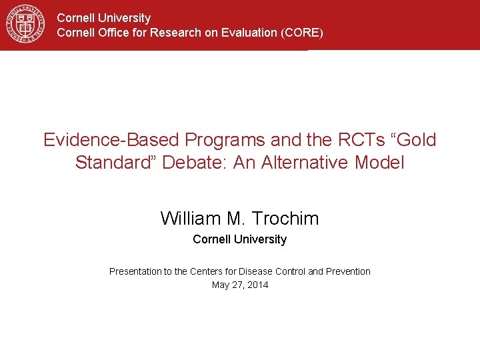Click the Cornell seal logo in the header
(x=25, y=24)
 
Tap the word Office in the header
(x=109, y=33)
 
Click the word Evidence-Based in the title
(x=111, y=140)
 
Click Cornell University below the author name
(x=239, y=239)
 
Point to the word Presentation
(x=135, y=271)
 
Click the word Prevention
(x=348, y=271)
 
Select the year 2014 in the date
(x=257, y=285)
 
